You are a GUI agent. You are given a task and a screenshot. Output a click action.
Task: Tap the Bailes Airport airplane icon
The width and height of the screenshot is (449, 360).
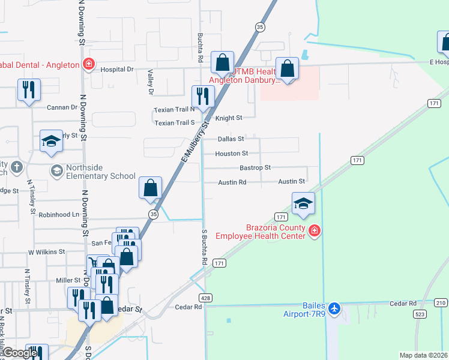tap(335, 310)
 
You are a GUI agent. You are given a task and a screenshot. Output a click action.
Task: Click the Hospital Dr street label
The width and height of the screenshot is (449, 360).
tap(117, 69)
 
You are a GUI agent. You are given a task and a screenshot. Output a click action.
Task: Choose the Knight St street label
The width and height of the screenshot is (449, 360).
tap(229, 118)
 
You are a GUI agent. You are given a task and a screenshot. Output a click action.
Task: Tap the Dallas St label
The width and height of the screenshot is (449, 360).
tap(231, 139)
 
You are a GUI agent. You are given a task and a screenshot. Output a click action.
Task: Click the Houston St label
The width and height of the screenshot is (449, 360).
tap(232, 154)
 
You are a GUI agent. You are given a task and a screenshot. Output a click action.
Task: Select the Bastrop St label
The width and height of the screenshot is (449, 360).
tap(255, 167)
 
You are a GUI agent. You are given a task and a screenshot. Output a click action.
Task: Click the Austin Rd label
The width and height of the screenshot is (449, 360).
tap(232, 182)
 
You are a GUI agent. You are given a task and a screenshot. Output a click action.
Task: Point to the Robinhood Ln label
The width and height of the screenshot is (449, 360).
tap(59, 214)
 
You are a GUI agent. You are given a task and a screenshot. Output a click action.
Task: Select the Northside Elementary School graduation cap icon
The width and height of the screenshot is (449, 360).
tap(56, 172)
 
